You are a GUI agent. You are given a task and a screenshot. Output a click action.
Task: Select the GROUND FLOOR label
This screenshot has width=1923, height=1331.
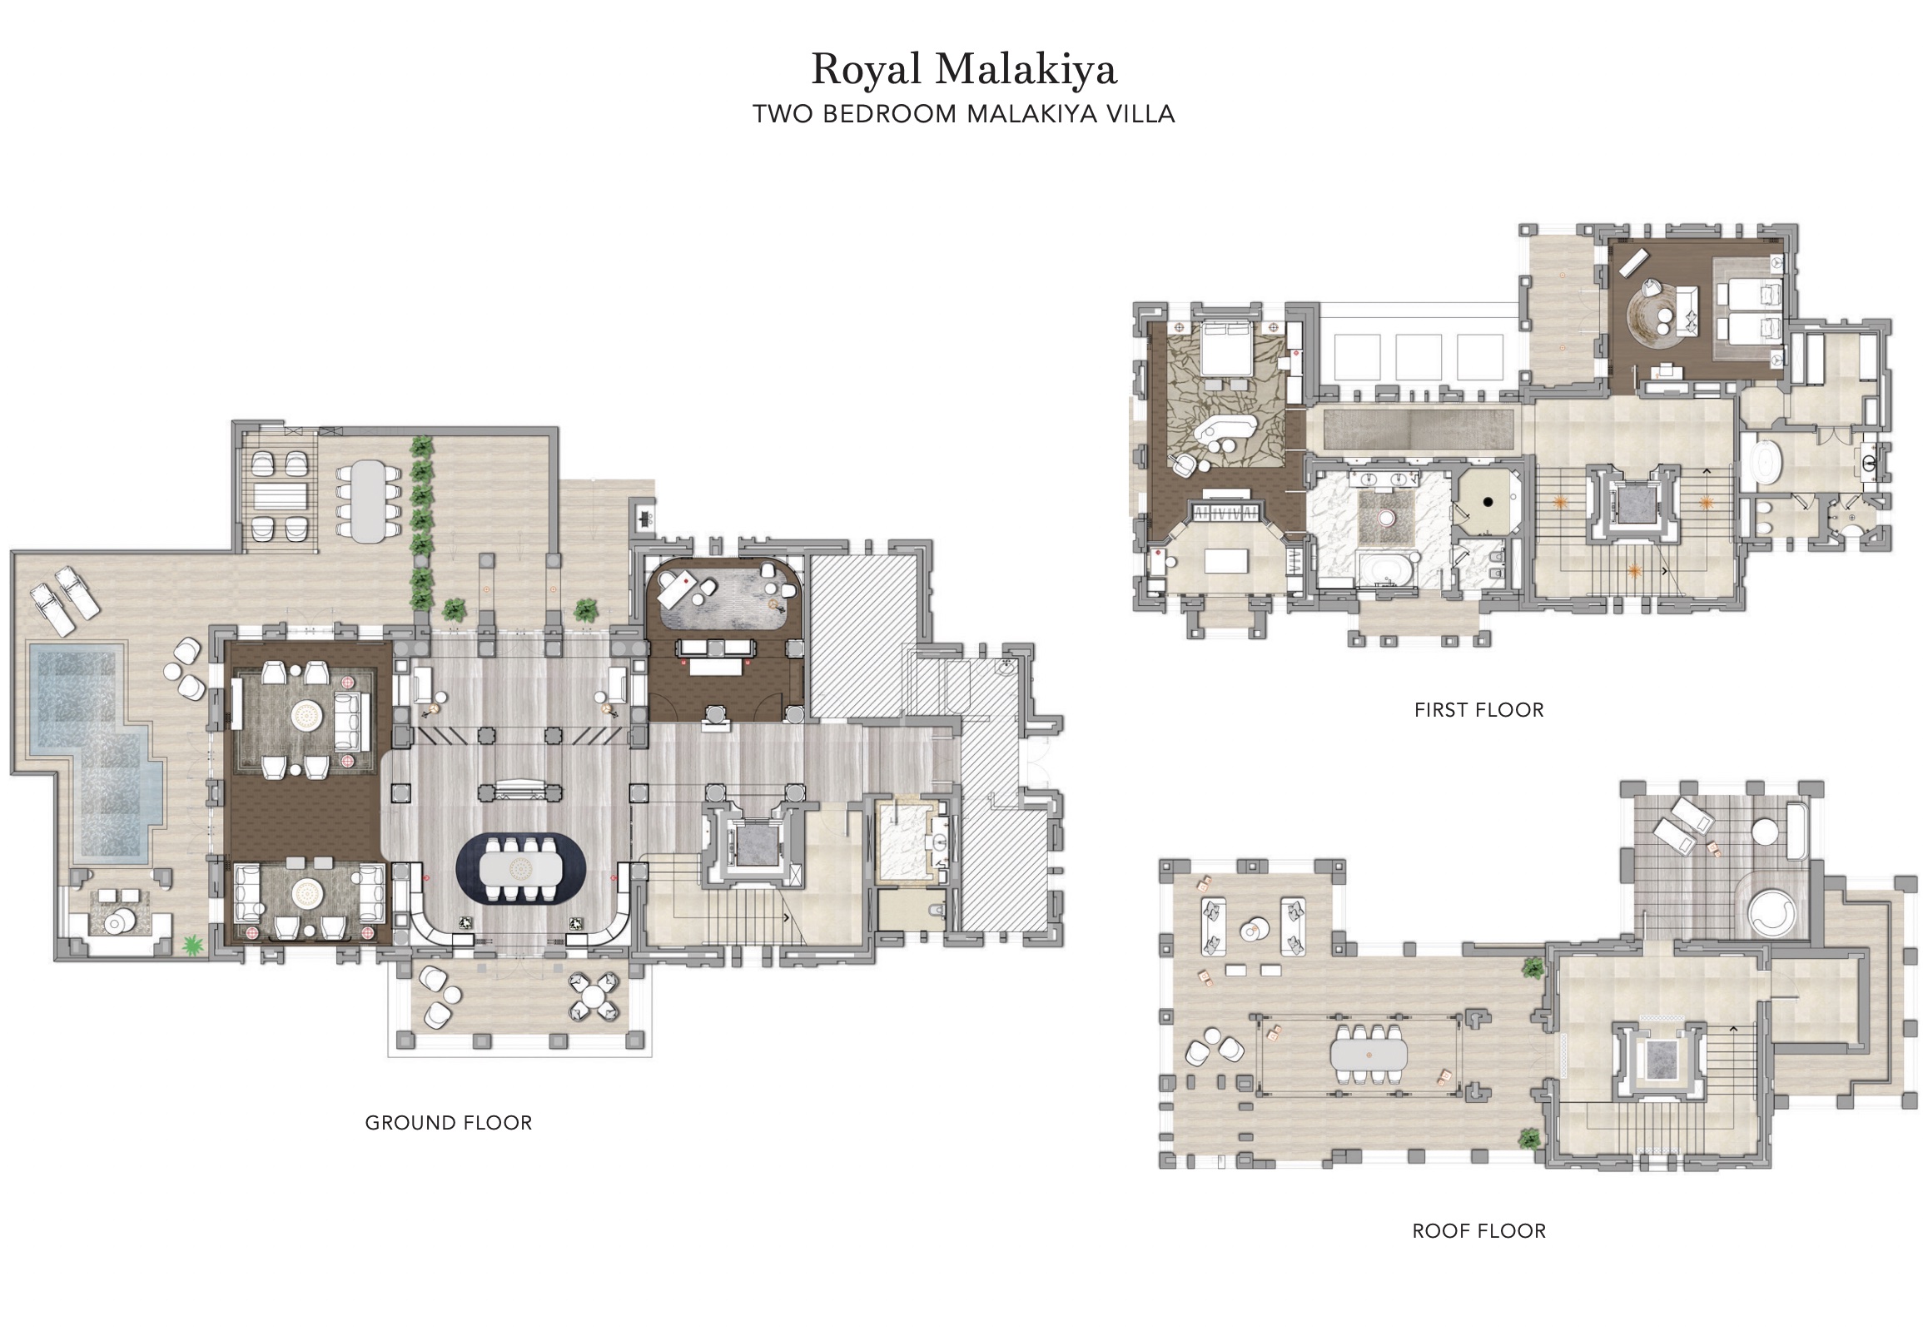click(x=449, y=1123)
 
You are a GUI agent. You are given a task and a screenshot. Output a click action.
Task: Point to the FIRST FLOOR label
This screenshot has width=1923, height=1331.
click(x=1478, y=710)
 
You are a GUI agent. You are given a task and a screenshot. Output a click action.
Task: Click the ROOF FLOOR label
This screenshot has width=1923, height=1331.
click(x=1478, y=1231)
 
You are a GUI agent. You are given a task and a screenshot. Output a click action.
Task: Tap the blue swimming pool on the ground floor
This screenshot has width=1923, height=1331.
click(x=92, y=751)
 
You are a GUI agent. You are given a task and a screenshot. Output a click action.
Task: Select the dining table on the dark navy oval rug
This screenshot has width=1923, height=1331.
click(x=521, y=870)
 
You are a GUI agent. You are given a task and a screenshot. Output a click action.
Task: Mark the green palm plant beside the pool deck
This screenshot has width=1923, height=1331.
click(x=193, y=944)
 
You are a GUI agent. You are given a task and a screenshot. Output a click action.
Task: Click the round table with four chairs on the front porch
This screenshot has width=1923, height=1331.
click(x=594, y=996)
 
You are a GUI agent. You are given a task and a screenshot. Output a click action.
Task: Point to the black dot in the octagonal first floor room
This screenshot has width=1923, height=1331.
click(x=1488, y=502)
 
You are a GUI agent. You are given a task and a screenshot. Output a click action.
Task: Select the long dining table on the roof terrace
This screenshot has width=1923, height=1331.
click(x=1369, y=1055)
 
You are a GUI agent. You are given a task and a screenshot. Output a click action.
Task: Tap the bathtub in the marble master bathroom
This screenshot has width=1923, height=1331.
click(x=1384, y=570)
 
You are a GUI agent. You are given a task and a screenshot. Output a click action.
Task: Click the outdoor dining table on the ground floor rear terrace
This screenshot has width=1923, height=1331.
click(x=369, y=501)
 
